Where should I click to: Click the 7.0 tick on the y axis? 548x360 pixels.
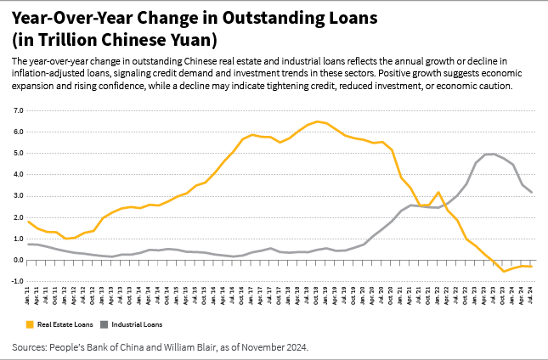point(16,110)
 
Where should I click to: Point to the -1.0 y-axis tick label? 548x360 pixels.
point(15,281)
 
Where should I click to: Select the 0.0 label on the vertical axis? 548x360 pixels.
point(16,260)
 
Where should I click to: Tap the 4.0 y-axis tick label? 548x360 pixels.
point(16,174)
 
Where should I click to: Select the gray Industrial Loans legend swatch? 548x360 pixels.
point(105,323)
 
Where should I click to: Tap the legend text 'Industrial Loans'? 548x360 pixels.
point(137,323)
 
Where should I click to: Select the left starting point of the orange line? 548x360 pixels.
point(29,222)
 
